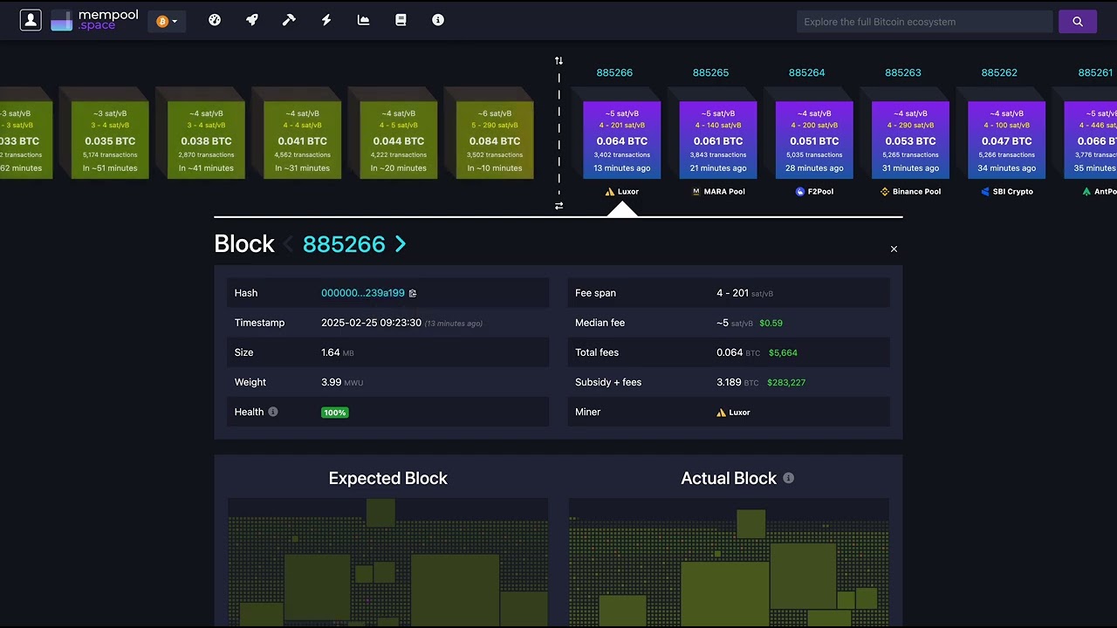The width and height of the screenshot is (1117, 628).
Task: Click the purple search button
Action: [1077, 22]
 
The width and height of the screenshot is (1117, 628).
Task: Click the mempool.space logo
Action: [94, 21]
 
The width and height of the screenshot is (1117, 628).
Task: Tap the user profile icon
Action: [31, 21]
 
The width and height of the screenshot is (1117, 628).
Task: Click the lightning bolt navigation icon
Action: [326, 20]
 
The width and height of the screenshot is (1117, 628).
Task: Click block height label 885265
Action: [710, 72]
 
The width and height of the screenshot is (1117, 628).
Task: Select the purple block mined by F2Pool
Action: [814, 140]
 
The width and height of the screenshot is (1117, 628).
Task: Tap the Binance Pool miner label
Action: [910, 192]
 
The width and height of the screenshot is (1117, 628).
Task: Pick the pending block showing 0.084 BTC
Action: [495, 140]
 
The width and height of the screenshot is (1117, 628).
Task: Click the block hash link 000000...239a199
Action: [362, 293]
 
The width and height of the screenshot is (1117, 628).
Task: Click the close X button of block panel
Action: [894, 249]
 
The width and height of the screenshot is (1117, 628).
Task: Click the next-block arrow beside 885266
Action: [401, 244]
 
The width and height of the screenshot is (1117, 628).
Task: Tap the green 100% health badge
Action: [334, 413]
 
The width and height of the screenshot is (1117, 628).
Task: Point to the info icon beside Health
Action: [273, 412]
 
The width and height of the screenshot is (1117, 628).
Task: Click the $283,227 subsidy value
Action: [785, 383]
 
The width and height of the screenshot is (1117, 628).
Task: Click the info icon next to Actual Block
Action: [789, 478]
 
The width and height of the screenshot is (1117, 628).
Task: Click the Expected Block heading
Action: [387, 478]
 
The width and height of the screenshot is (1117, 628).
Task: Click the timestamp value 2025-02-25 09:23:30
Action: [371, 323]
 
